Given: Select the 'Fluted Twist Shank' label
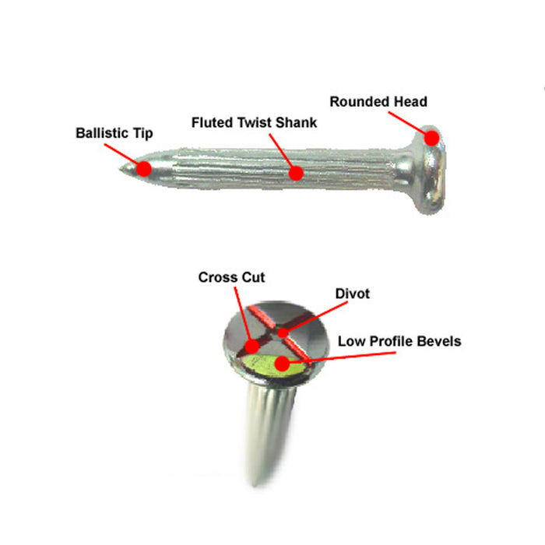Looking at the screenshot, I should click(x=254, y=123).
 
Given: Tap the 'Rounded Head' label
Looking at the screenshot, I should click(x=378, y=101).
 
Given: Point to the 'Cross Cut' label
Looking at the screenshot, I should click(x=231, y=277).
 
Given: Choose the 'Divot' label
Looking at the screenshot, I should click(x=352, y=294).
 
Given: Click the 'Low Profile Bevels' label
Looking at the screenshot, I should click(x=399, y=341).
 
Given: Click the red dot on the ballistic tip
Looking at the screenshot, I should click(x=143, y=168).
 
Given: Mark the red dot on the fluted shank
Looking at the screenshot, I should click(x=294, y=173).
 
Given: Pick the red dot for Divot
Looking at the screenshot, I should click(x=283, y=334).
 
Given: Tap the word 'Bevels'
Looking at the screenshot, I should click(x=438, y=341).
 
